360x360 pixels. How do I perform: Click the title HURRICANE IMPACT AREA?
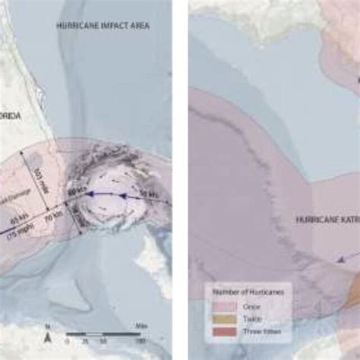tap(103, 25)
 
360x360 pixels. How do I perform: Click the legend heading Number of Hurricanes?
tap(242, 292)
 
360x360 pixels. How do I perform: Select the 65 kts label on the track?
tap(17, 226)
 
